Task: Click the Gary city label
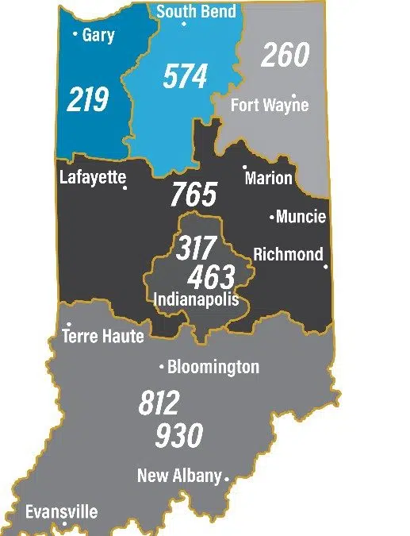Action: coord(98,35)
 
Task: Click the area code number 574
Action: coord(185,77)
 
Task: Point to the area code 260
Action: coord(285,56)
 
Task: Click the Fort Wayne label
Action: coord(269,105)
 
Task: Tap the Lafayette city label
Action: coord(92,176)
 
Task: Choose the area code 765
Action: coord(194,195)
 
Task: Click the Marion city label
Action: coord(268,178)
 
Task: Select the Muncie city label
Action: coord(301,217)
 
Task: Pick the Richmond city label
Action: coord(288,254)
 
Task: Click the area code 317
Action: coord(195,248)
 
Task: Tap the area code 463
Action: coord(211,277)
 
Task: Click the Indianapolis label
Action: coord(196,299)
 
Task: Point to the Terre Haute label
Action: coord(103,336)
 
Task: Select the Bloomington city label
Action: coord(213,367)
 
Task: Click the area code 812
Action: coord(159,403)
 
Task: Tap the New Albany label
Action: coord(179,476)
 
